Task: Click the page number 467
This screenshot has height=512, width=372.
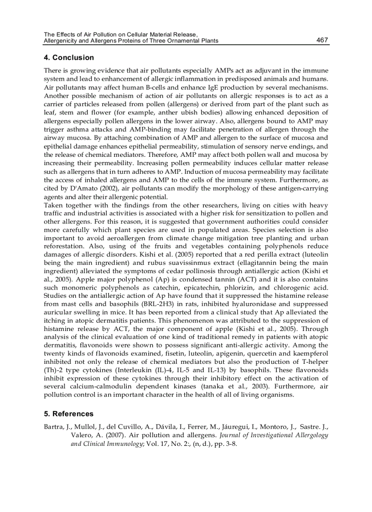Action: (322, 40)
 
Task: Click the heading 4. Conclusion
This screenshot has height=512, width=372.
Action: (69, 57)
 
